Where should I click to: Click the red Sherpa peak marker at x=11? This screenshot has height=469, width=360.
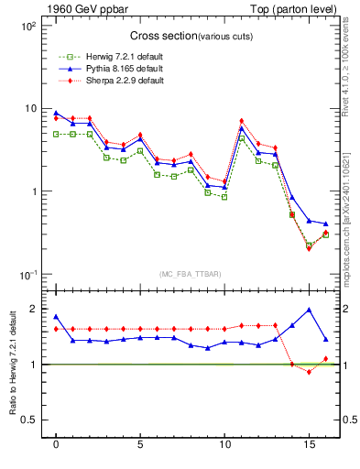pos(242,121)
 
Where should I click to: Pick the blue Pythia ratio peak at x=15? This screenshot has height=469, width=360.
pos(309,310)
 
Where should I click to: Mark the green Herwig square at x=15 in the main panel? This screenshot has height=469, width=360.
pos(309,245)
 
